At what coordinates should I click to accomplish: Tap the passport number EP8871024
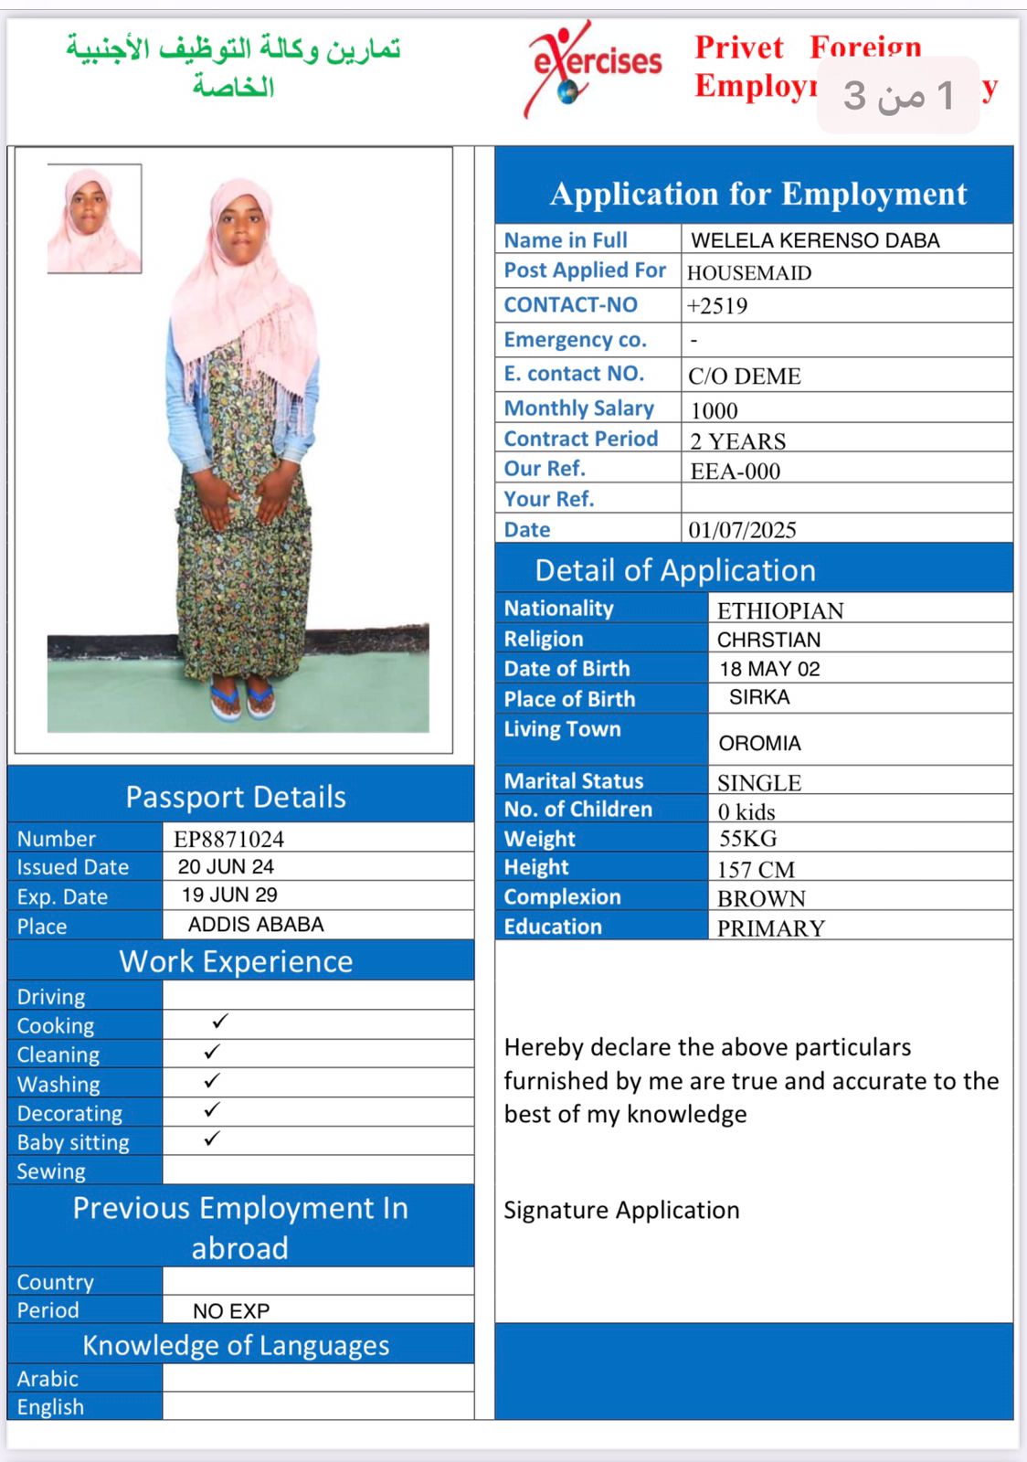pyautogui.click(x=228, y=839)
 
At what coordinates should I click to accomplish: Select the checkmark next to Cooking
pyautogui.click(x=219, y=1022)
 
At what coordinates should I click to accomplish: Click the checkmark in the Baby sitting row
pyautogui.click(x=212, y=1139)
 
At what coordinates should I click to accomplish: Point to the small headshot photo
pyautogui.click(x=94, y=218)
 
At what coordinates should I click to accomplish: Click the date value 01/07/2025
pyautogui.click(x=742, y=530)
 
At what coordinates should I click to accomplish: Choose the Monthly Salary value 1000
pyautogui.click(x=714, y=410)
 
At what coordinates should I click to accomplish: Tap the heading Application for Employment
pyautogui.click(x=757, y=194)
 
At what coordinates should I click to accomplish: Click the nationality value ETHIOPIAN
pyautogui.click(x=779, y=610)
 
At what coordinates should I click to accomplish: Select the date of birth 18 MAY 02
pyautogui.click(x=769, y=669)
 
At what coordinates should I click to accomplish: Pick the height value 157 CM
pyautogui.click(x=756, y=869)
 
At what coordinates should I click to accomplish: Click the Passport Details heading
pyautogui.click(x=236, y=797)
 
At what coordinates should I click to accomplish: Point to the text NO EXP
pyautogui.click(x=231, y=1311)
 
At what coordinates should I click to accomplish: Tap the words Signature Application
pyautogui.click(x=621, y=1210)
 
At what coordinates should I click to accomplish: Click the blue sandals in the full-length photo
pyautogui.click(x=241, y=701)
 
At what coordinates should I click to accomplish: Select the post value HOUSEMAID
pyautogui.click(x=748, y=273)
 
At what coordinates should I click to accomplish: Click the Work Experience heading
pyautogui.click(x=236, y=961)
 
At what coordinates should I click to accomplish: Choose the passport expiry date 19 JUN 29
pyautogui.click(x=229, y=895)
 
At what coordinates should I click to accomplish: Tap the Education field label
pyautogui.click(x=553, y=927)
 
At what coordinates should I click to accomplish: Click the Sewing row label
pyautogui.click(x=51, y=1171)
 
